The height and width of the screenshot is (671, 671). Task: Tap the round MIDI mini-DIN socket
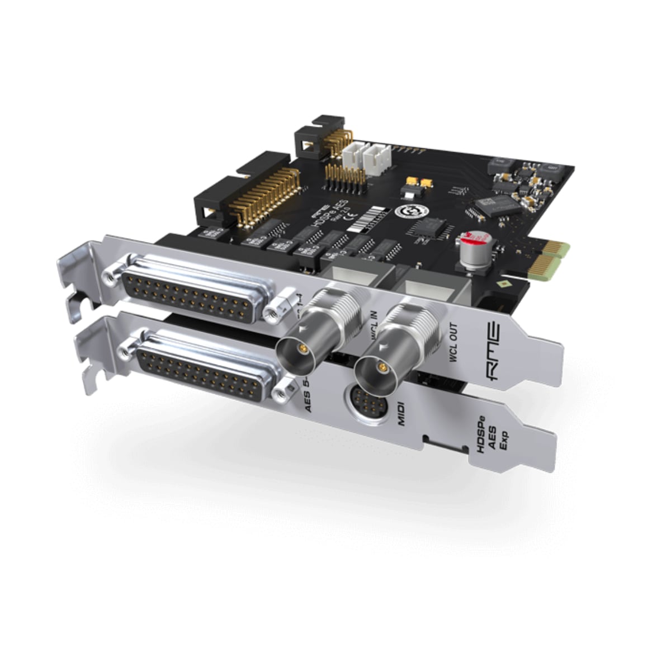point(367,404)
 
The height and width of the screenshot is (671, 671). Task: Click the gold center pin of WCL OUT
point(382,367)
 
